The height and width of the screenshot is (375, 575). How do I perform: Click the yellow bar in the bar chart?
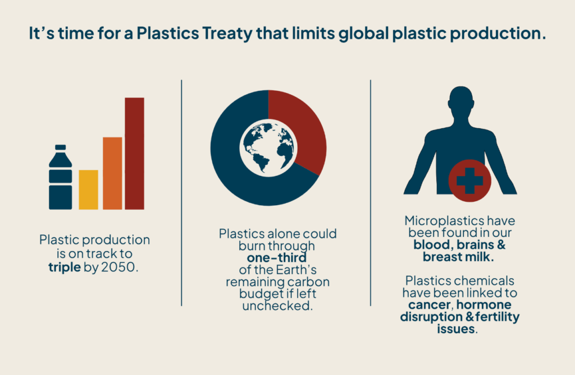tap(88, 189)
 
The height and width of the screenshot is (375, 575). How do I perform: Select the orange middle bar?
tap(112, 173)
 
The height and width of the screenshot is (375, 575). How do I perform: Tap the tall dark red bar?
tap(135, 154)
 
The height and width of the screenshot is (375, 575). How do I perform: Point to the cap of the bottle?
tap(61, 147)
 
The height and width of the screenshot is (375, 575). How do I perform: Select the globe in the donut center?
tap(268, 148)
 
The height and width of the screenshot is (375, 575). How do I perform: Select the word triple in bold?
tap(65, 267)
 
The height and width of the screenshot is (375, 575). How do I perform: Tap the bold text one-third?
tap(277, 258)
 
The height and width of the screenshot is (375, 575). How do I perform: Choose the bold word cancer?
tap(430, 305)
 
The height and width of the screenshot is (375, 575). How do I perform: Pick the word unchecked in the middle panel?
tap(277, 306)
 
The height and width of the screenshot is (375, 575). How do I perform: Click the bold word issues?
tap(456, 329)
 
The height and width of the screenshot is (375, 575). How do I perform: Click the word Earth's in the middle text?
tap(296, 270)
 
